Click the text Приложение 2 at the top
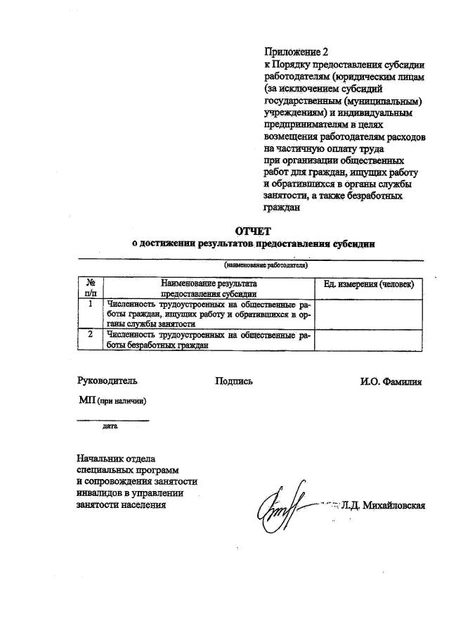296,51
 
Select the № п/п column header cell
91,288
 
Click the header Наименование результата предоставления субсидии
209,288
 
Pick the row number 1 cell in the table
91,305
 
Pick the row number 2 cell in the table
91,334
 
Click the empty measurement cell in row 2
368,339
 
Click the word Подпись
234,381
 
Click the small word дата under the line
110,426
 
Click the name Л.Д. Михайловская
383,506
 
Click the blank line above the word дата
112,420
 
